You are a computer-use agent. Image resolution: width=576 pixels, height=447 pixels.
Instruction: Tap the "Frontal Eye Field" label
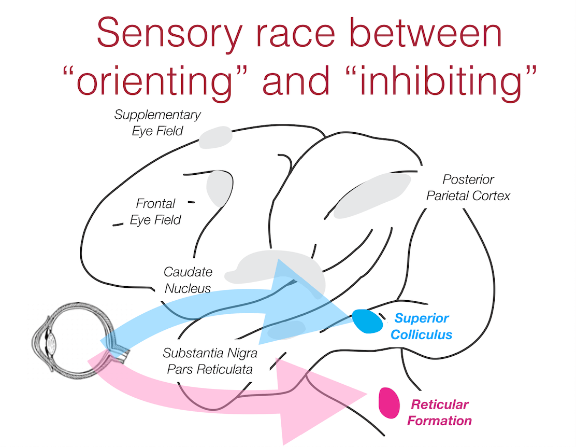[x=155, y=212]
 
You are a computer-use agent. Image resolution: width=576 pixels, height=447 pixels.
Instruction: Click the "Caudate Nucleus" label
[x=188, y=280]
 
